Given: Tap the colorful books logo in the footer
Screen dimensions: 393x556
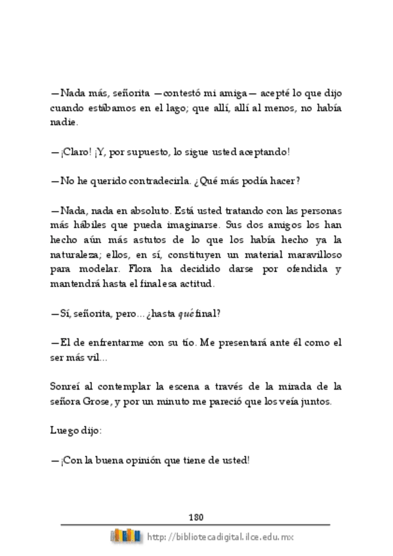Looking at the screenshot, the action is pyautogui.click(x=126, y=536).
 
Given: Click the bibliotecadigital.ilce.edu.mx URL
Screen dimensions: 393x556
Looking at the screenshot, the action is pyautogui.click(x=220, y=537).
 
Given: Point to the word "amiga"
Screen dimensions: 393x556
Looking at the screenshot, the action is pyautogui.click(x=241, y=93).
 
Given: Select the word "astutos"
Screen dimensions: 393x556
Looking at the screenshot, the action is pyautogui.click(x=150, y=240).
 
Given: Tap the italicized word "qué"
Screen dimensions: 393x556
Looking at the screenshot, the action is pyautogui.click(x=186, y=313).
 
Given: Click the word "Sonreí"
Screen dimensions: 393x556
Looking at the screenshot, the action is pyautogui.click(x=67, y=387).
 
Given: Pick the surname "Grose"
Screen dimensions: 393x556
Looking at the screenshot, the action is pyautogui.click(x=96, y=401).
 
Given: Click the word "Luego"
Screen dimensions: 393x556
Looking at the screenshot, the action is pyautogui.click(x=64, y=431).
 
